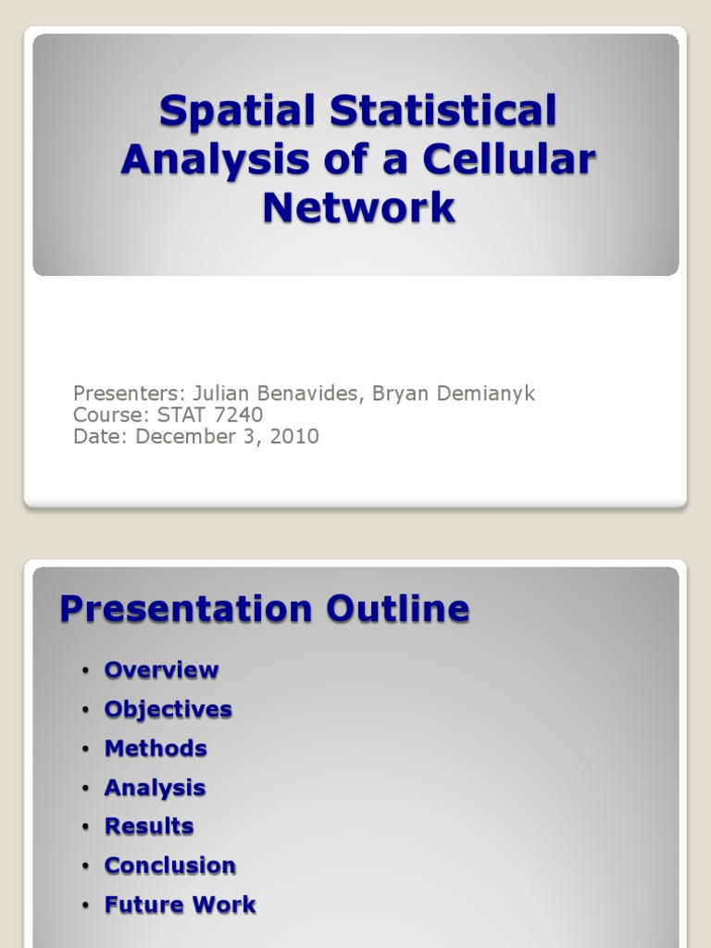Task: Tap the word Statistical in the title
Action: (x=443, y=112)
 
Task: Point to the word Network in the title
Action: (x=359, y=207)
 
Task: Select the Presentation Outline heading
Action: (x=265, y=609)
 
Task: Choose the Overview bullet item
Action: (x=161, y=670)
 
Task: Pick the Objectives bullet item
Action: (x=168, y=710)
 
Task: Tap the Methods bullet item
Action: (x=156, y=749)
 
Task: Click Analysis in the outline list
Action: (x=155, y=788)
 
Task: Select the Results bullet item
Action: (x=149, y=827)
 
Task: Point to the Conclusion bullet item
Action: (x=169, y=866)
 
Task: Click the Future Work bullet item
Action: (x=180, y=905)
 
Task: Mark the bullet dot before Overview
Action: (x=85, y=671)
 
